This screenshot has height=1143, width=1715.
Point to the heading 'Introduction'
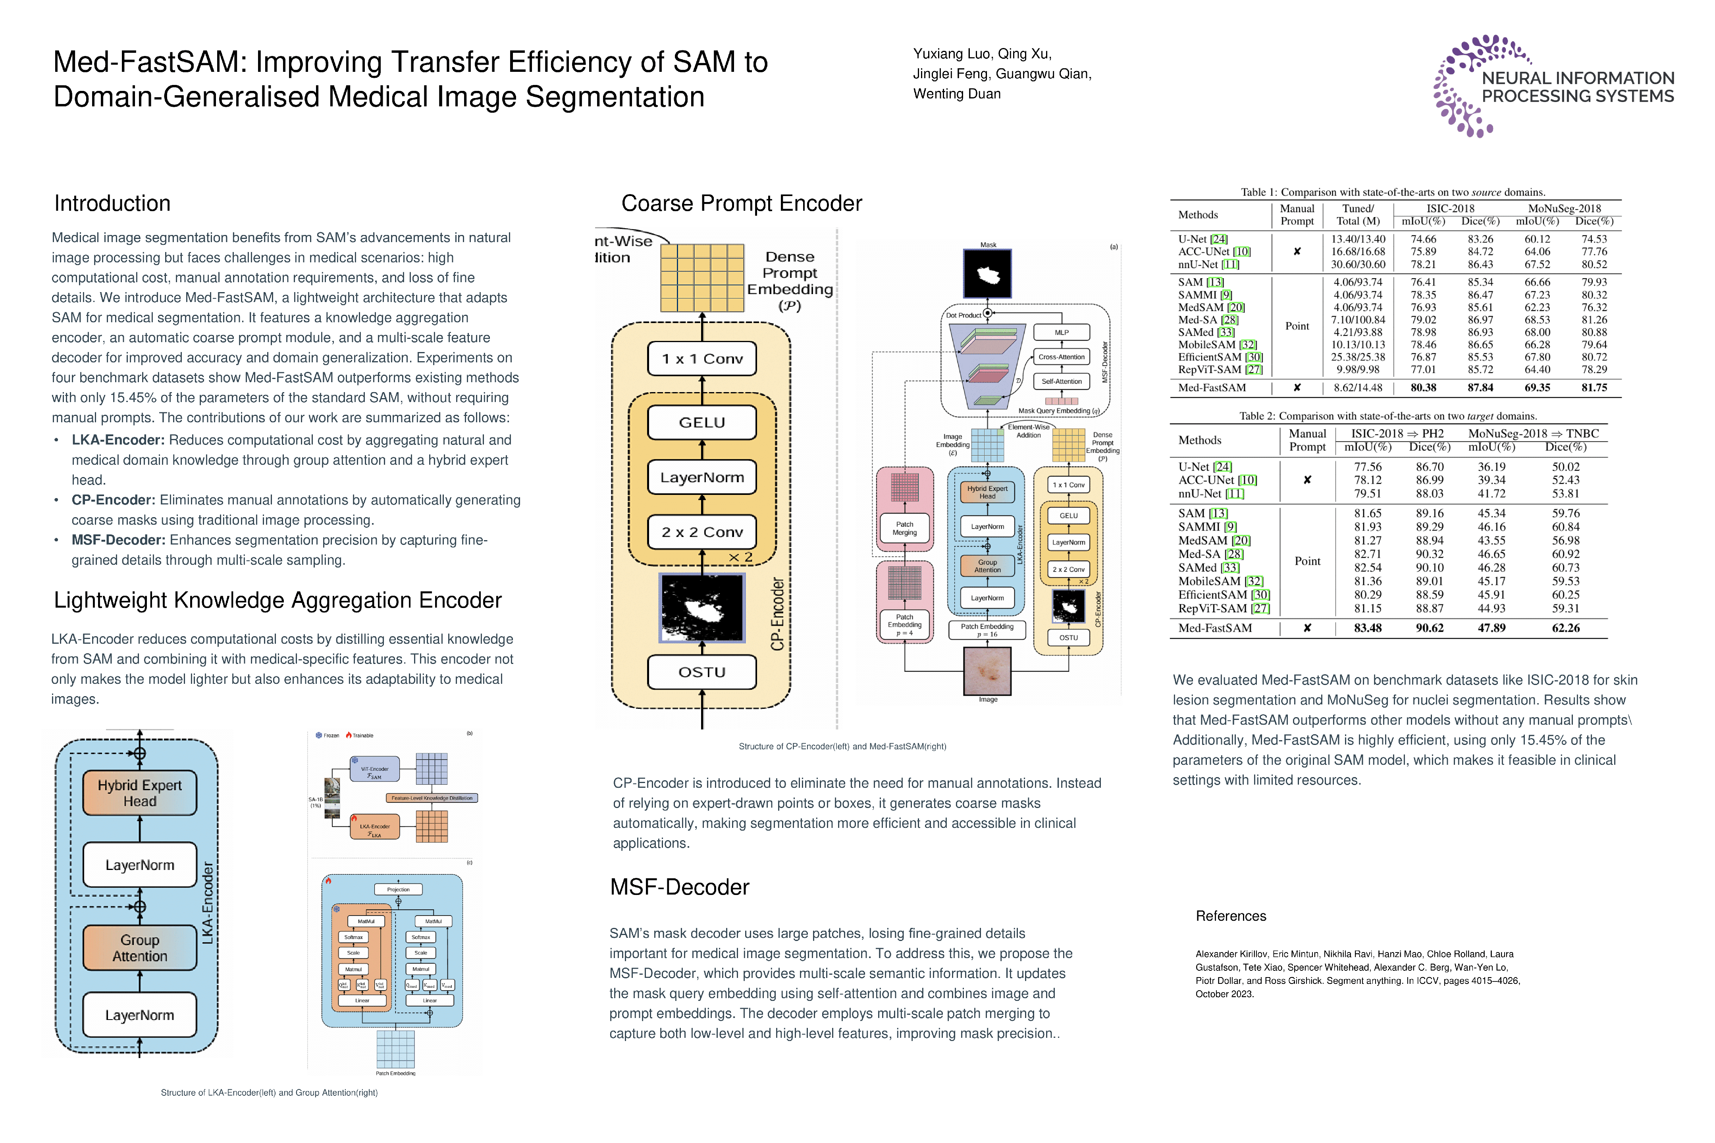[x=112, y=203]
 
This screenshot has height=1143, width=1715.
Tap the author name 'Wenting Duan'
[x=957, y=94]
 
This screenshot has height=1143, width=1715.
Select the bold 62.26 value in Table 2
[x=1565, y=627]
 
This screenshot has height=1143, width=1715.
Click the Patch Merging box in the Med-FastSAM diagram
[x=904, y=529]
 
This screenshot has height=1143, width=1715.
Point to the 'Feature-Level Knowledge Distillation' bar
[x=432, y=798]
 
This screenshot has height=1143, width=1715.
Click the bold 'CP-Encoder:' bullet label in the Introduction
[x=113, y=500]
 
